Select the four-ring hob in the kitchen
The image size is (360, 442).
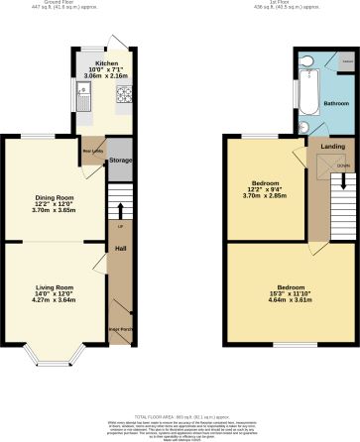[x=126, y=96]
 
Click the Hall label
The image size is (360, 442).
[x=120, y=248]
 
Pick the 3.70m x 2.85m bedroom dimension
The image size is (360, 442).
[x=265, y=196]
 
